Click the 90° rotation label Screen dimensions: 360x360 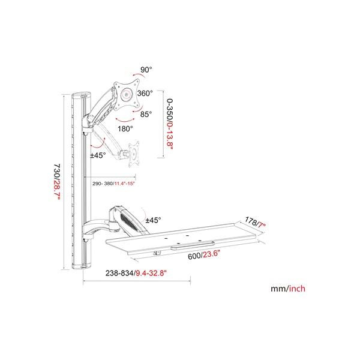pyautogui.click(x=146, y=70)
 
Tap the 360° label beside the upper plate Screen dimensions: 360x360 pyautogui.click(x=145, y=93)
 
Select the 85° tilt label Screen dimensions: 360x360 pyautogui.click(x=146, y=114)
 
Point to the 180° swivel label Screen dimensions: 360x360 pyautogui.click(x=125, y=128)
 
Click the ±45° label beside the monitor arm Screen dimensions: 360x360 pyautogui.click(x=98, y=155)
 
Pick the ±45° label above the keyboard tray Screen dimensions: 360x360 pyautogui.click(x=154, y=220)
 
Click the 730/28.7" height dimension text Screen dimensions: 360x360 pyautogui.click(x=56, y=182)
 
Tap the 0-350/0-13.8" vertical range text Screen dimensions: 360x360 pyautogui.click(x=169, y=124)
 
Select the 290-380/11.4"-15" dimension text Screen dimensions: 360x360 pyautogui.click(x=113, y=184)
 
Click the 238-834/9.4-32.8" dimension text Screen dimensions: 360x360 pyautogui.click(x=136, y=273)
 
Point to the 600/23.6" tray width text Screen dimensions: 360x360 pyautogui.click(x=204, y=255)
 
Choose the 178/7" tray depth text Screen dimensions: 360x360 pyautogui.click(x=255, y=222)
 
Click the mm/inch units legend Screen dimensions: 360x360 pyautogui.click(x=288, y=289)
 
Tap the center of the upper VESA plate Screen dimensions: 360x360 pyautogui.click(x=127, y=95)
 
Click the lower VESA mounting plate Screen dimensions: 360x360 pyautogui.click(x=134, y=154)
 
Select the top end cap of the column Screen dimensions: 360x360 pyautogui.click(x=82, y=95)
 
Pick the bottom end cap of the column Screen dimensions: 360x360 pyautogui.click(x=82, y=266)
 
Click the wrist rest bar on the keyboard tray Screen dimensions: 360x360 pyautogui.click(x=193, y=245)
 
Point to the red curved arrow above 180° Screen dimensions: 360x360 pyautogui.click(x=125, y=120)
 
